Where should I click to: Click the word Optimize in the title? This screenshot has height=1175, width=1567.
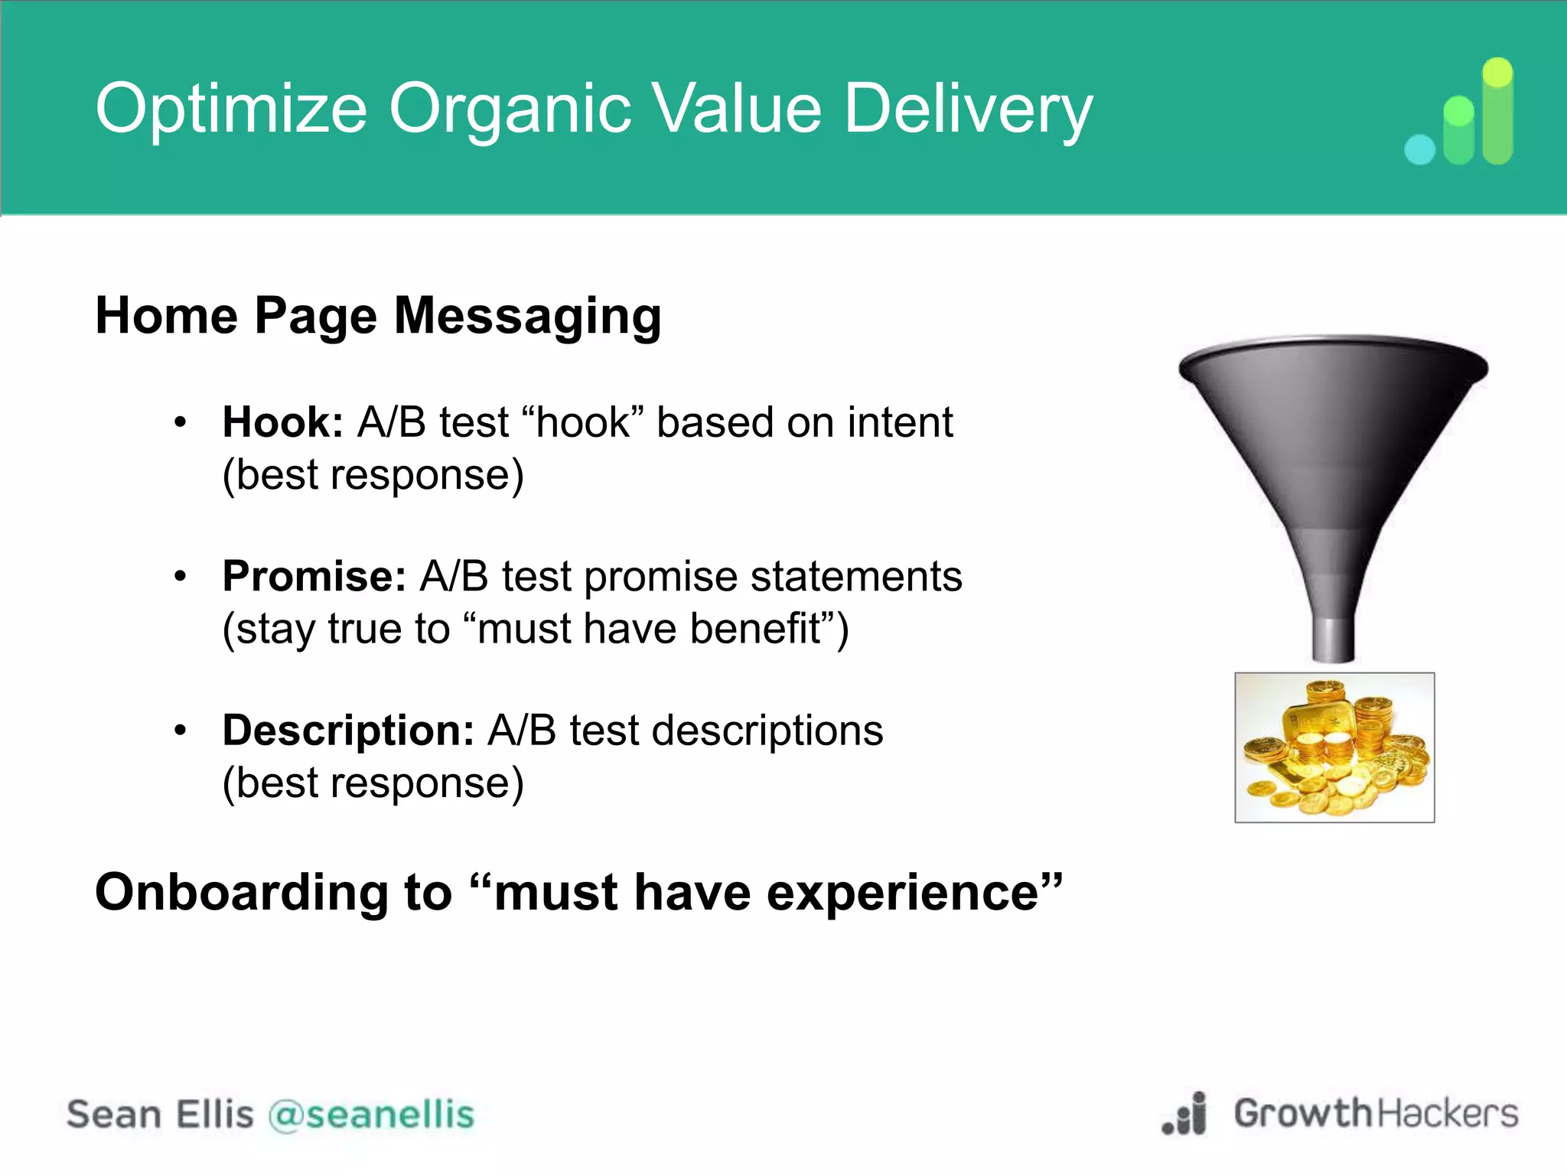[x=230, y=109]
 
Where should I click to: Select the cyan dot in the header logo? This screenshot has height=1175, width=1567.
[x=1419, y=149]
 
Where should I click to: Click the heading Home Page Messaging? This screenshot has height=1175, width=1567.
[x=378, y=316]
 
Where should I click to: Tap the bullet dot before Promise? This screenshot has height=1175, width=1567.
[x=180, y=576]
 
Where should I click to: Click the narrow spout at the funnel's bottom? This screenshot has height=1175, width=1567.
[x=1334, y=639]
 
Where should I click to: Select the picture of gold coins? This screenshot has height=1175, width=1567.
[x=1334, y=747]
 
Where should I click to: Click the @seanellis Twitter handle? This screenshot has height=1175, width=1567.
[x=371, y=1114]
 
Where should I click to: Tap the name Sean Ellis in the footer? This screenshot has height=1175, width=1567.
[x=160, y=1114]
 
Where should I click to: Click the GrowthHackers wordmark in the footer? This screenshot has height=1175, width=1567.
[x=1375, y=1113]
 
